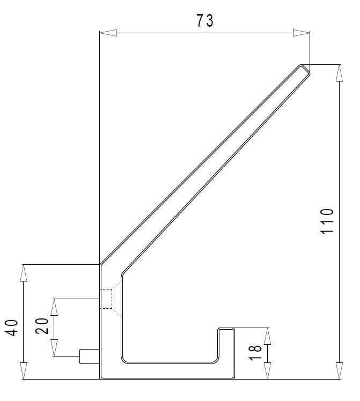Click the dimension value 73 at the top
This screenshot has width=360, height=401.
pyautogui.click(x=205, y=21)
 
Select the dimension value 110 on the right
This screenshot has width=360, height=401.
pyautogui.click(x=327, y=221)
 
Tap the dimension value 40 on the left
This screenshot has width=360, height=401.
pyautogui.click(x=12, y=328)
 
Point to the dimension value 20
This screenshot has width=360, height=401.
pyautogui.click(x=42, y=326)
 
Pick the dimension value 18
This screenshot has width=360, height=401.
pyautogui.click(x=255, y=353)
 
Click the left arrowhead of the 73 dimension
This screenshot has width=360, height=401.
pyautogui.click(x=108, y=33)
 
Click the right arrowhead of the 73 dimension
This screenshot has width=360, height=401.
pyautogui.click(x=301, y=33)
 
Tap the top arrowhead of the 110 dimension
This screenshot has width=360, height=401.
pyautogui.click(x=339, y=73)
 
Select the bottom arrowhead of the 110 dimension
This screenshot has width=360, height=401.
pyautogui.click(x=339, y=370)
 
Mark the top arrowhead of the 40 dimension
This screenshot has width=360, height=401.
pyautogui.click(x=23, y=273)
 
